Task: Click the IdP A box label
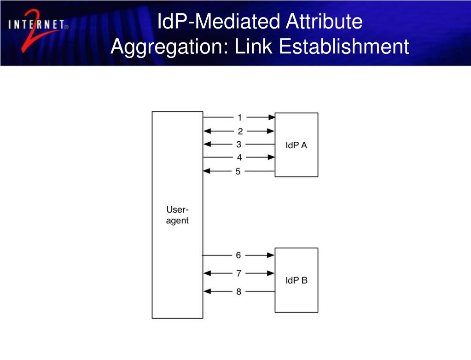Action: tap(296, 145)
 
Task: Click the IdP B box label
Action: tap(296, 280)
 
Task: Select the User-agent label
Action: tap(177, 215)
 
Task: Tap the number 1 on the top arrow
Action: tap(239, 117)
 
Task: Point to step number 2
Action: tap(240, 131)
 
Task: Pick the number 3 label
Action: tap(238, 144)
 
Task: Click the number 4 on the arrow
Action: tap(239, 157)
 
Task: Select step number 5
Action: tap(238, 171)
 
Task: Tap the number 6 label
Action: tap(238, 255)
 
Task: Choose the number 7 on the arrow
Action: tap(238, 273)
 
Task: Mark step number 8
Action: tap(238, 291)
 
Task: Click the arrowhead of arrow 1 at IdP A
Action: tap(272, 117)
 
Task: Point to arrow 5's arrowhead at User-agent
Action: tap(207, 171)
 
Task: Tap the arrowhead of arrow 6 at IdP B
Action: tap(272, 255)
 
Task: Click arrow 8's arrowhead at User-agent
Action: tap(207, 291)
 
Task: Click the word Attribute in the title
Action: tap(324, 22)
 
